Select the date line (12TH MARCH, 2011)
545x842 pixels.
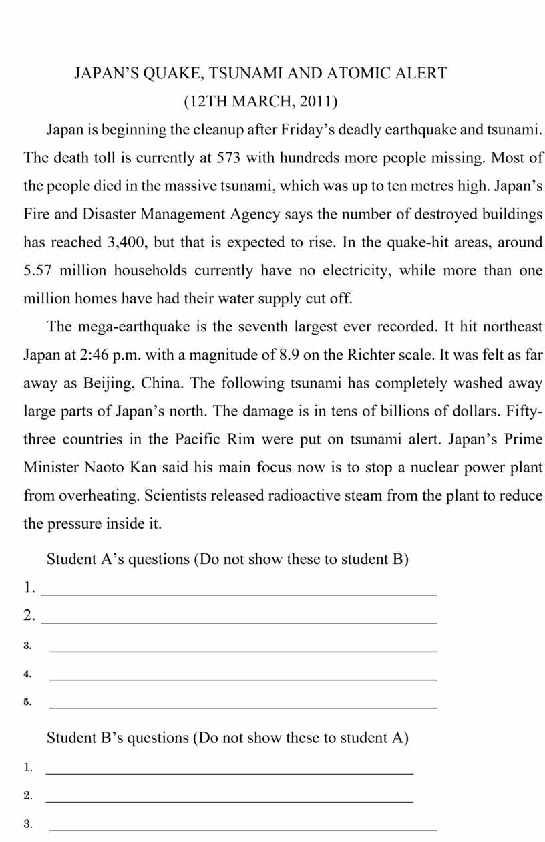point(260,102)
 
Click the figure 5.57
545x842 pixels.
point(38,271)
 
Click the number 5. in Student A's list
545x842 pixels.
point(28,702)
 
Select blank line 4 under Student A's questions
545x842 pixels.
point(243,678)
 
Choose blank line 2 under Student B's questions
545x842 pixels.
point(229,801)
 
